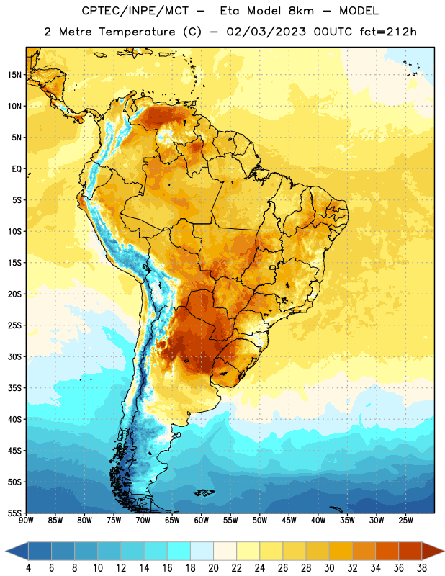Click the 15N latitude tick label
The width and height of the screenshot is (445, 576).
pos(14,75)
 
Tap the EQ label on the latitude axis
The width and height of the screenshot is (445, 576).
pos(17,169)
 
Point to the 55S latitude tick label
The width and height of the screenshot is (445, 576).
pos(14,513)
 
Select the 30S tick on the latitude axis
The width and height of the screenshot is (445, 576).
pos(14,356)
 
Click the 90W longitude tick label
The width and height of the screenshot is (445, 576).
pos(26,521)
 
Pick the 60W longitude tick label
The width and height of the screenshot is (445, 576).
pos(202,521)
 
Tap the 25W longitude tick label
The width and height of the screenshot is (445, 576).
pos(405,521)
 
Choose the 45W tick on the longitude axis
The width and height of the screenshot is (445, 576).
pos(289,521)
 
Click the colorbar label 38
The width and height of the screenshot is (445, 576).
pos(422,568)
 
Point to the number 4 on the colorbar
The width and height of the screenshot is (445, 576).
pos(28,568)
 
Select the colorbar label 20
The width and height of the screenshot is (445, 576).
pos(213,568)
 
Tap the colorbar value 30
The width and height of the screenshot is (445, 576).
pos(329,568)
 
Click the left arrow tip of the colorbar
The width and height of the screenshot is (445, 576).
pos(6,551)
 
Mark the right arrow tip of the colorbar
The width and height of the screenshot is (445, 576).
pos(444,551)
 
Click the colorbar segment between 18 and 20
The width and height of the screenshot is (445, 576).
pos(202,551)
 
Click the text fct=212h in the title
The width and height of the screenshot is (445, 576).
pos(388,32)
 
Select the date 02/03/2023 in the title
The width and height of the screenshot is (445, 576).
pos(266,32)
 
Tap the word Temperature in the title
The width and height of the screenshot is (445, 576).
pos(137,32)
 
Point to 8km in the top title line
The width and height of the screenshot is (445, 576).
pos(301,11)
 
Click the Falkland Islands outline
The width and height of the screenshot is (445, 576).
pos(204,492)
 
